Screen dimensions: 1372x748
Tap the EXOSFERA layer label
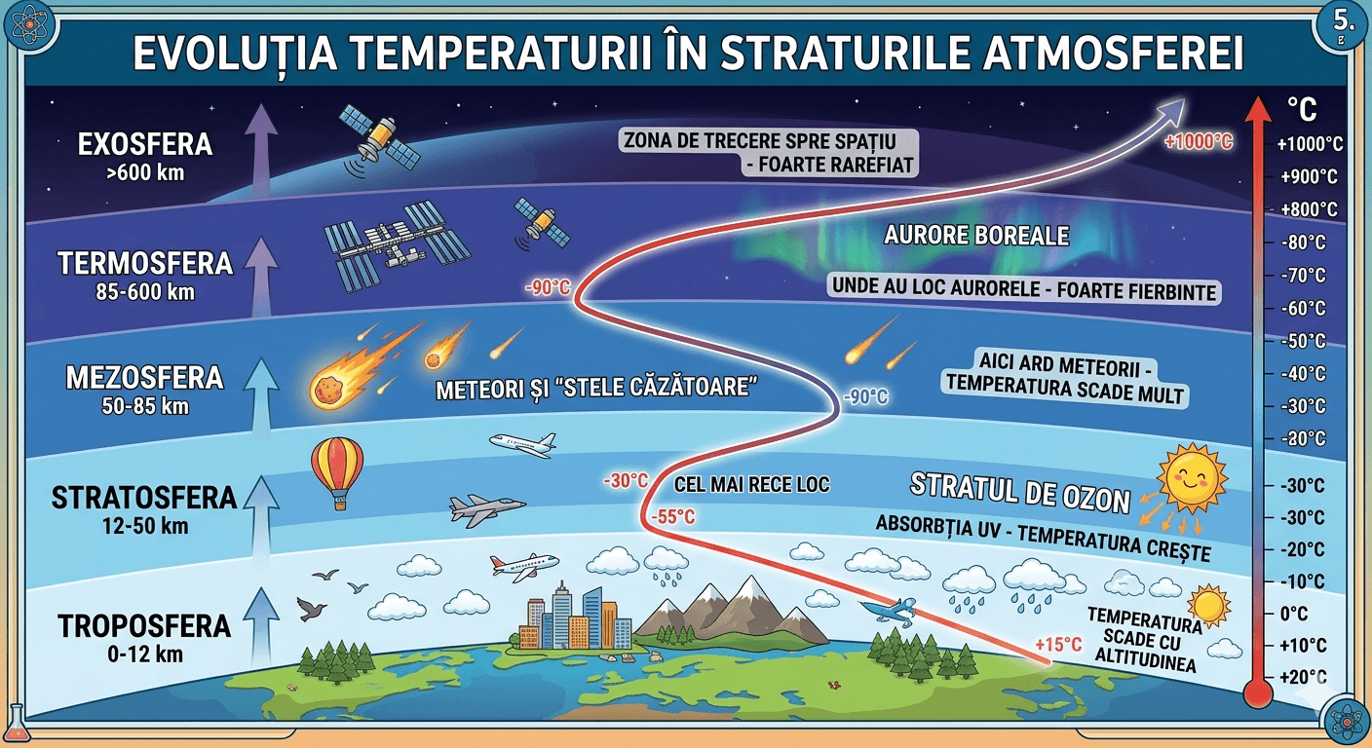(145, 144)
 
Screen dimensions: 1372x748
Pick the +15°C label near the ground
(1058, 645)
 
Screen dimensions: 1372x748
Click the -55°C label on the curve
(672, 517)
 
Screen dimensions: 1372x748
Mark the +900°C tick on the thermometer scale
(1309, 177)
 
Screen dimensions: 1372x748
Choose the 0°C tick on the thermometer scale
(1294, 614)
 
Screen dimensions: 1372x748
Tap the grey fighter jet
(486, 510)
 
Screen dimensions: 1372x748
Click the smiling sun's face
(1191, 478)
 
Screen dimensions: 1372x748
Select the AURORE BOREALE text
(976, 236)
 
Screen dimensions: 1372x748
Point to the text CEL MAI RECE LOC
(751, 485)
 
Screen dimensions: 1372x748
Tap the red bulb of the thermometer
(1258, 694)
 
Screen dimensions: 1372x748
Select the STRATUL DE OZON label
(1020, 494)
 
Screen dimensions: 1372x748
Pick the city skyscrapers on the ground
(575, 617)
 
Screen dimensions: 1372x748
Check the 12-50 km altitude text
(145, 526)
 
